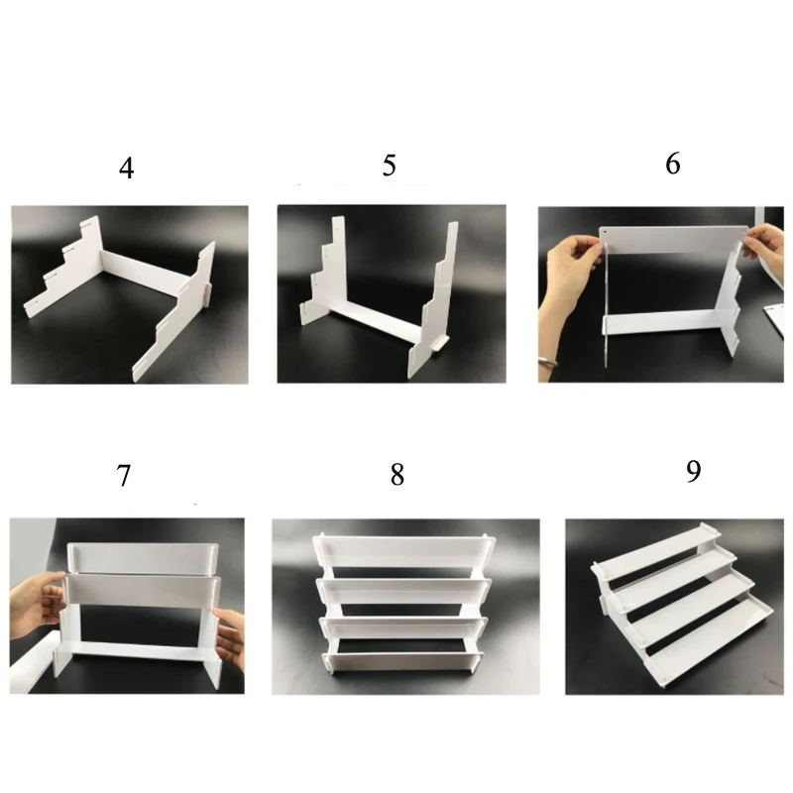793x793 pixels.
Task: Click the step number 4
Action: [x=127, y=169]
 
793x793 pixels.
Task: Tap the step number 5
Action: [x=389, y=166]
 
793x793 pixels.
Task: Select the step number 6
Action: [x=673, y=164]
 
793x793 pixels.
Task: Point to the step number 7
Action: [x=124, y=476]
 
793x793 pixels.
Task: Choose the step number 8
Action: [x=397, y=475]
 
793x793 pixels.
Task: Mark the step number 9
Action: [x=693, y=471]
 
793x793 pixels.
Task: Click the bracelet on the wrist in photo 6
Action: [x=547, y=361]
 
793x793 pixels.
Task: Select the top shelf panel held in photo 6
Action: [x=674, y=240]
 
